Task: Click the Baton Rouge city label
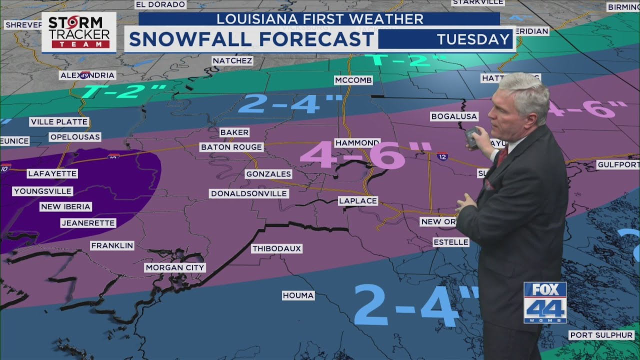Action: (231, 147)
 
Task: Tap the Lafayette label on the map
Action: (52, 174)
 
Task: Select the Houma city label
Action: (298, 295)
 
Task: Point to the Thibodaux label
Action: (277, 248)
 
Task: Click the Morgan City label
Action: (175, 268)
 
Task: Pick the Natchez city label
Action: (232, 60)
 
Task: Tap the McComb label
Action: (353, 80)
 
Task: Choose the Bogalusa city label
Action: (454, 116)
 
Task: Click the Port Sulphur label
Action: (601, 335)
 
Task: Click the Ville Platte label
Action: (59, 122)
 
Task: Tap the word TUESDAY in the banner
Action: (473, 39)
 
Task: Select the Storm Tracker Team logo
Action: (78, 32)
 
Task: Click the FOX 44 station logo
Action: (545, 302)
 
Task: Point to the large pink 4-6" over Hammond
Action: (365, 154)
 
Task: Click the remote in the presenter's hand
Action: (471, 136)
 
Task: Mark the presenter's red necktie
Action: (501, 156)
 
